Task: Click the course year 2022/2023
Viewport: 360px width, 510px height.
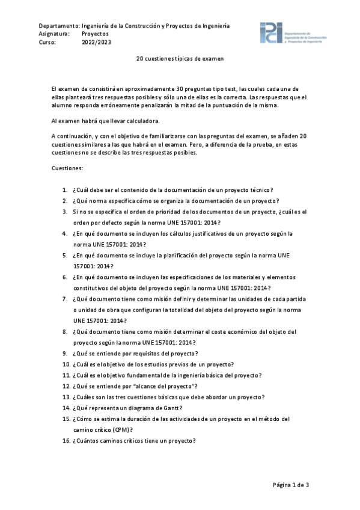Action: coord(96,43)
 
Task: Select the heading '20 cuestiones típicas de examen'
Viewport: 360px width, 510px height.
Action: coord(180,60)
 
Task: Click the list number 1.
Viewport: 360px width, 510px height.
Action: coord(65,190)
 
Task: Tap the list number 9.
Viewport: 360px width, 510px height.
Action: coord(65,353)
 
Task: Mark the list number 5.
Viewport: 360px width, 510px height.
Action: coord(65,255)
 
